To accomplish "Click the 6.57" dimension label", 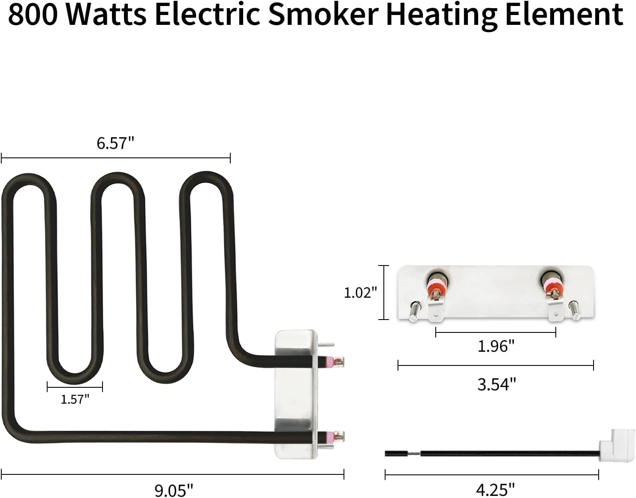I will (115, 143).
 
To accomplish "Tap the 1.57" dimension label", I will (75, 399).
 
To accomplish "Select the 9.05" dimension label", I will (174, 489).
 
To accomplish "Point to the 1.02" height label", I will (360, 293).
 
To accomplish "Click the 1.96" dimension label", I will (496, 346).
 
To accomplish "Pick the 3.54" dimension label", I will (496, 384).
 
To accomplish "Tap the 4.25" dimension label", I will (495, 489).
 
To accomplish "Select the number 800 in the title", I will (33, 14).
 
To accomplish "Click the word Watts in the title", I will (106, 14).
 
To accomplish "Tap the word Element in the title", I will (564, 14).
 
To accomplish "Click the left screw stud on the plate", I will (414, 309).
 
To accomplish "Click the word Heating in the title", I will (442, 14).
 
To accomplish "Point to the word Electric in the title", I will (208, 14).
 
